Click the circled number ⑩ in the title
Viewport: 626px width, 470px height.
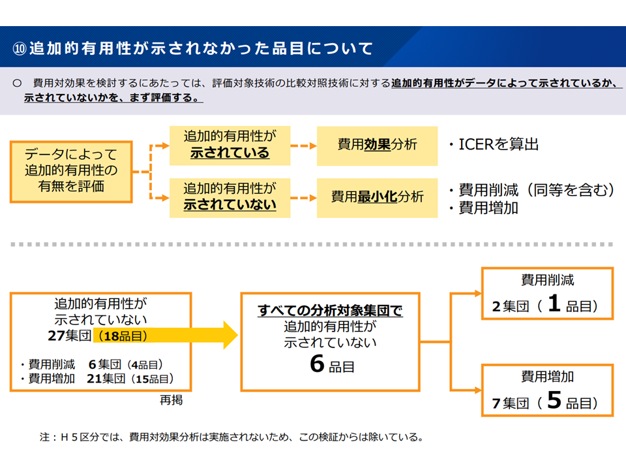pyautogui.click(x=20, y=48)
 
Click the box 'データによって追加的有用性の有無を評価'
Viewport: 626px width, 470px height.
pyautogui.click(x=70, y=171)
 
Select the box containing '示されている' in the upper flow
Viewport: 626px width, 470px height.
pyautogui.click(x=230, y=145)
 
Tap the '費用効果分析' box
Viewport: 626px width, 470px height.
pyautogui.click(x=377, y=145)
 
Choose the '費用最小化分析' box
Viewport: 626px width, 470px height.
pyautogui.click(x=377, y=196)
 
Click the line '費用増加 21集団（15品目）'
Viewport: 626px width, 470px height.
pyautogui.click(x=98, y=378)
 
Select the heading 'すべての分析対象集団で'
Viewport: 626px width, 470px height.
pyautogui.click(x=330, y=311)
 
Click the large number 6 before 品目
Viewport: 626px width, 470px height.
pyautogui.click(x=317, y=364)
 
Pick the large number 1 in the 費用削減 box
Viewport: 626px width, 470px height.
pyautogui.click(x=554, y=304)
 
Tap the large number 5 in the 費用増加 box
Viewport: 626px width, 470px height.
pyautogui.click(x=554, y=401)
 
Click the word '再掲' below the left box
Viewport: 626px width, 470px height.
pyautogui.click(x=171, y=401)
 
